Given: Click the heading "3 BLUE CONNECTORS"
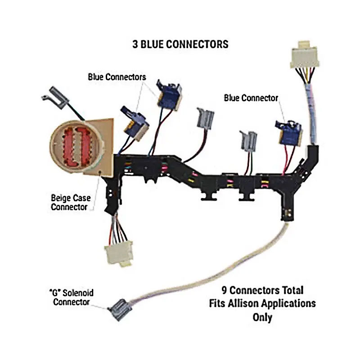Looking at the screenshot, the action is tap(180, 44).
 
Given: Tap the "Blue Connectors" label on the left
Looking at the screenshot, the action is tap(117, 77).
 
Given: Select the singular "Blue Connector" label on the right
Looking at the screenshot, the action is tap(251, 98).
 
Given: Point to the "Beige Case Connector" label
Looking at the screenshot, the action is tap(71, 202).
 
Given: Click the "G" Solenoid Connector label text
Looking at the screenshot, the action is tap(72, 297).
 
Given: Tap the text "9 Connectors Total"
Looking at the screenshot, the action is tap(262, 290).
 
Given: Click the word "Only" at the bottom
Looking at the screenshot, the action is tap(262, 317).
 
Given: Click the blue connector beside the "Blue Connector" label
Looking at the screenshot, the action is tap(289, 133).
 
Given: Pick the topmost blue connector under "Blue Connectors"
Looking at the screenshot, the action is tap(169, 95).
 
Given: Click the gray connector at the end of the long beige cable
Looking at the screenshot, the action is tap(120, 310).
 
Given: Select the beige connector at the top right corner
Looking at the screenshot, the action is tap(305, 54).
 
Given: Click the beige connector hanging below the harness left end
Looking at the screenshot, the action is tap(119, 254).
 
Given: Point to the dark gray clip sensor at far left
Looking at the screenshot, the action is tap(55, 97).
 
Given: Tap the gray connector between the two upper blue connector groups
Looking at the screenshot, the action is tap(206, 118).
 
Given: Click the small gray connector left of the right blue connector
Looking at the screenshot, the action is tap(248, 141).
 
